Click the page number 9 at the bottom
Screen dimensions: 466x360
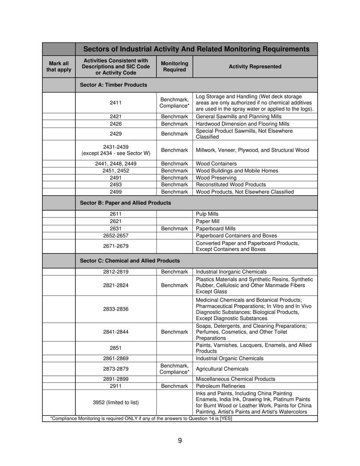[180, 440]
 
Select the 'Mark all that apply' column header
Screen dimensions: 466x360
[59, 67]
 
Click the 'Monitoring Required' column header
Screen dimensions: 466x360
[174, 67]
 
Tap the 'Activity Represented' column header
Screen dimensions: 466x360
[255, 67]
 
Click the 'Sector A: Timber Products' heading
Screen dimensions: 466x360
[113, 85]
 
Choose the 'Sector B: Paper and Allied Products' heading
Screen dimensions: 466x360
[125, 203]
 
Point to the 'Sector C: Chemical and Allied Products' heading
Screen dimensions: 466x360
[130, 261]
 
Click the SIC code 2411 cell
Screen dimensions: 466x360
[116, 102]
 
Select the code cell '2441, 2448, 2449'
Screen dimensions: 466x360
[116, 164]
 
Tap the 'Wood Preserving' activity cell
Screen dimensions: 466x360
[216, 178]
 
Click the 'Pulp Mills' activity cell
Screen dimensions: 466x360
[207, 214]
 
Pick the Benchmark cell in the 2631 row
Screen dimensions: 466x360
[174, 228]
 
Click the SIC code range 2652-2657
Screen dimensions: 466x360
[116, 236]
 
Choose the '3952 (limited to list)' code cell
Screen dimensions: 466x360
[116, 402]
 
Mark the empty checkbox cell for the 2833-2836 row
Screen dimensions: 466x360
[59, 309]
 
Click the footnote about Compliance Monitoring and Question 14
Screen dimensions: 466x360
[141, 419]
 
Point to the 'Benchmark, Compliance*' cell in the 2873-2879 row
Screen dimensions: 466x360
[174, 369]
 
